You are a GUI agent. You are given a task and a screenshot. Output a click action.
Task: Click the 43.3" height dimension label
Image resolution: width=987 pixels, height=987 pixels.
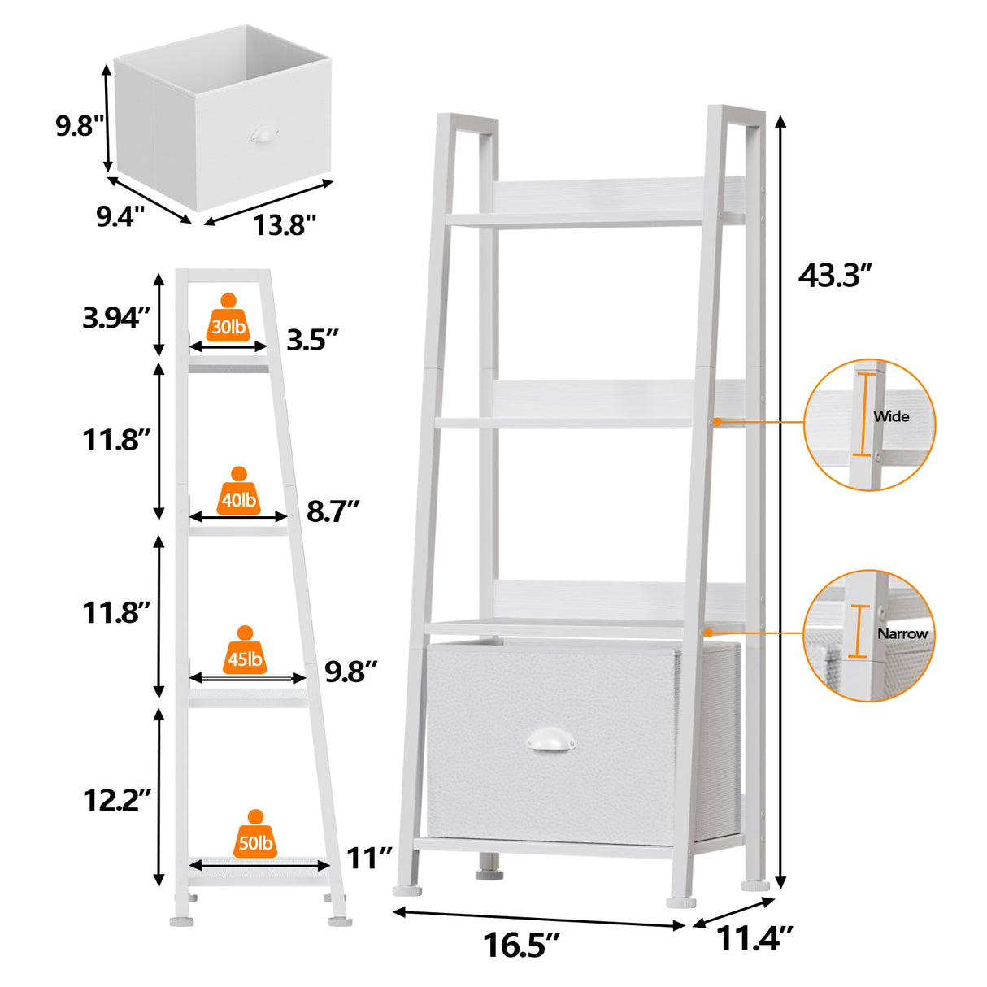[835, 276]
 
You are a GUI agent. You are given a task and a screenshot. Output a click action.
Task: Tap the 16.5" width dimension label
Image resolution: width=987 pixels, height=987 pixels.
[521, 946]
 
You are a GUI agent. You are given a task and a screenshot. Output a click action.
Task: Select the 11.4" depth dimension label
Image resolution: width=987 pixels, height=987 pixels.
[754, 939]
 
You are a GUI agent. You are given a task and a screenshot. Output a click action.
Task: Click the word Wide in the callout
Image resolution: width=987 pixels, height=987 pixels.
[891, 416]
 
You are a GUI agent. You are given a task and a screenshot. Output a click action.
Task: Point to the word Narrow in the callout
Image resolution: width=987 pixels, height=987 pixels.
[902, 633]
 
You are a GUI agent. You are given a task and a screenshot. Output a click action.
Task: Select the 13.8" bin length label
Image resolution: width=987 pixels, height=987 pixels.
[284, 224]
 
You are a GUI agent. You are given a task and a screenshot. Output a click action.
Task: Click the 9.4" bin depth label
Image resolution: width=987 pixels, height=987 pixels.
[120, 216]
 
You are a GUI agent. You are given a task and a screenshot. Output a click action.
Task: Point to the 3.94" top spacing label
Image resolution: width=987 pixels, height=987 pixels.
[116, 317]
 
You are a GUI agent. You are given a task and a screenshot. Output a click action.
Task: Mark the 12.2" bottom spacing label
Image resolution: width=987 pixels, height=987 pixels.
[117, 800]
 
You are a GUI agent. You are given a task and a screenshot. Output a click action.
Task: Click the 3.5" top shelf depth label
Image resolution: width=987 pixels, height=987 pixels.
[312, 340]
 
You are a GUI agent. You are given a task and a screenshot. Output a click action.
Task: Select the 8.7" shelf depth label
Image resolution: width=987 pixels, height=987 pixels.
[333, 511]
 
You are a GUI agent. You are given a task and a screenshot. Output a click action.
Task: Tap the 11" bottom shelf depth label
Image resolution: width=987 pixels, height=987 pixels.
[369, 858]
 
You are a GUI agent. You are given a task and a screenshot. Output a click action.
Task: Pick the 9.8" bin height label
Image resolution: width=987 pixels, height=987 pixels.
[80, 125]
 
